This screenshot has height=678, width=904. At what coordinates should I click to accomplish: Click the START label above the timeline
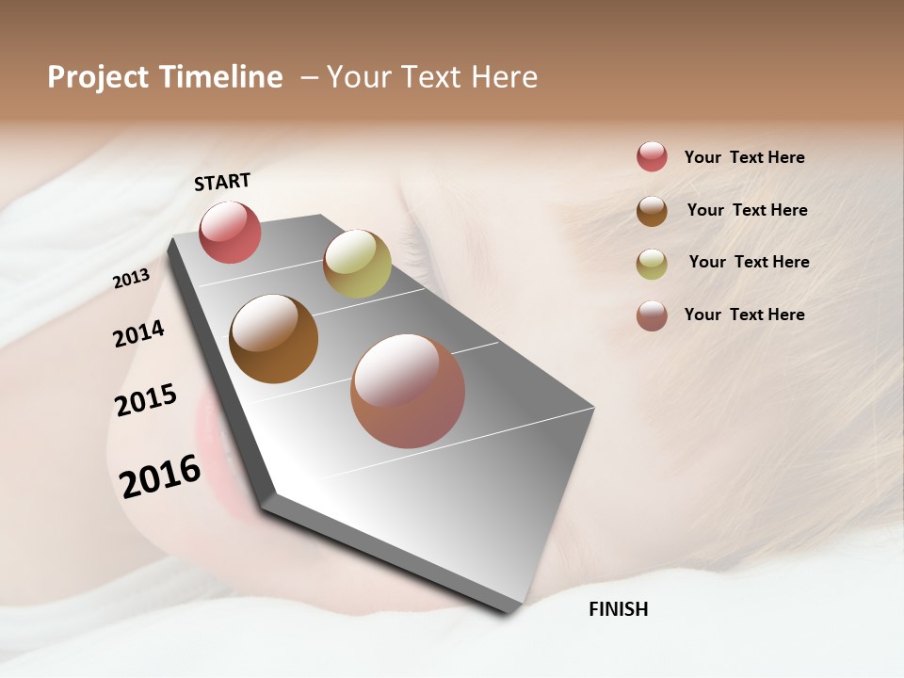222,182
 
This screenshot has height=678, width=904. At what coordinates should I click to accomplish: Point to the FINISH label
618,609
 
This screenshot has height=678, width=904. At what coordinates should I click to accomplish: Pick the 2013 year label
131,279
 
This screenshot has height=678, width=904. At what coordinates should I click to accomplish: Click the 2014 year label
138,333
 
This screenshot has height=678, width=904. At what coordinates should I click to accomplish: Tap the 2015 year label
146,400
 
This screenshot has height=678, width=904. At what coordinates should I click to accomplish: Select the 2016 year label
160,476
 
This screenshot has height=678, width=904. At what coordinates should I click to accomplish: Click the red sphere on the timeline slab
230,232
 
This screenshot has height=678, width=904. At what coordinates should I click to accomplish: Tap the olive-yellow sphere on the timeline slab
357,264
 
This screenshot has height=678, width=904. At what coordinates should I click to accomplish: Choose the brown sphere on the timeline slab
274,339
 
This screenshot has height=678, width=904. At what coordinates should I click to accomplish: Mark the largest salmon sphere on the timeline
408,391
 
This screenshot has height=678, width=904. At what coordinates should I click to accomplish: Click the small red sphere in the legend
652,156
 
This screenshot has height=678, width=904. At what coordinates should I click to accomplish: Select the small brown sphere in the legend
652,211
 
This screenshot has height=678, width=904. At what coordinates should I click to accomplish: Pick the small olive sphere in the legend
652,264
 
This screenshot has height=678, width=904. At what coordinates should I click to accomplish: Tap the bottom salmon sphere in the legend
652,315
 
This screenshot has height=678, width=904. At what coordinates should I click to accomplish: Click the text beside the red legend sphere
744,157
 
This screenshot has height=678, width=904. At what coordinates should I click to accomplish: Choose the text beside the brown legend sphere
747,210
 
